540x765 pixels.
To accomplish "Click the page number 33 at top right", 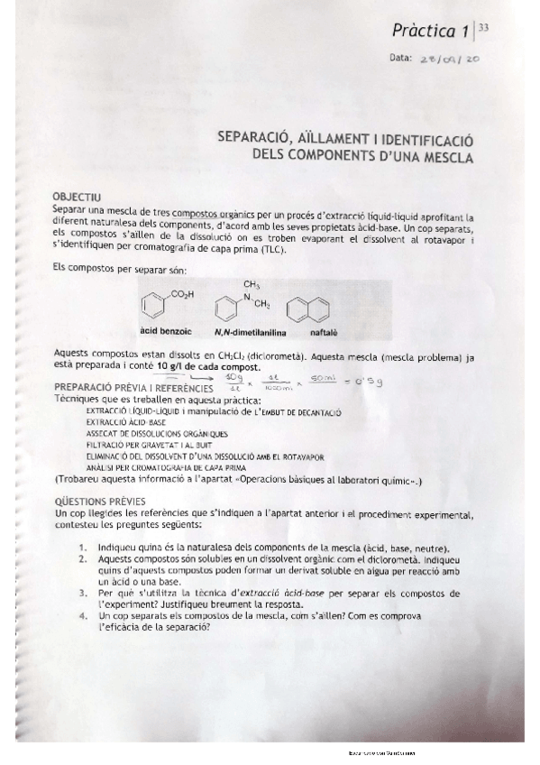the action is (484, 28).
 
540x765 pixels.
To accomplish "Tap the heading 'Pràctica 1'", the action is (430, 32).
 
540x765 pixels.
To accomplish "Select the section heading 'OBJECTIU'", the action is (78, 196).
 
